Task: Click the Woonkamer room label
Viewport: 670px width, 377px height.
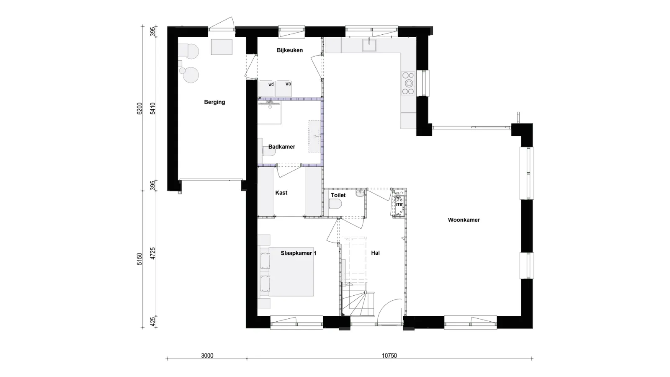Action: coord(464,220)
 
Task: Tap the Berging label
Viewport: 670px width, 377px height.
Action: coord(214,102)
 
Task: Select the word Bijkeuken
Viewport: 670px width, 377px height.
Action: coord(289,50)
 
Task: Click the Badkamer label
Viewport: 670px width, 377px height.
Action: coord(281,147)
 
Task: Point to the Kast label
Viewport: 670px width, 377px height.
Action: coord(281,193)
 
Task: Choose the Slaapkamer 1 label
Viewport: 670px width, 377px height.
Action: coord(298,253)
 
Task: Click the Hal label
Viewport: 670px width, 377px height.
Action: coord(375,253)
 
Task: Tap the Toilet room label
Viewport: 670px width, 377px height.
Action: coord(338,196)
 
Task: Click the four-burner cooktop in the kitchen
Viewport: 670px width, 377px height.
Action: coord(408,83)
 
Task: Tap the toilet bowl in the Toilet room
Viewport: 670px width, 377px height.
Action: coord(335,204)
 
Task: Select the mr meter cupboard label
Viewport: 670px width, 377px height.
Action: coord(399,204)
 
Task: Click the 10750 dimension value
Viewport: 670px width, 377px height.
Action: coord(389,356)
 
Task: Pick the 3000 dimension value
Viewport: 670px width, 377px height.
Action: coord(207,356)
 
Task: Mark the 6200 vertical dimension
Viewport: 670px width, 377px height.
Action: coord(140,108)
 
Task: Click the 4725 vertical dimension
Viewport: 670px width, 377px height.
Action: coord(153,253)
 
